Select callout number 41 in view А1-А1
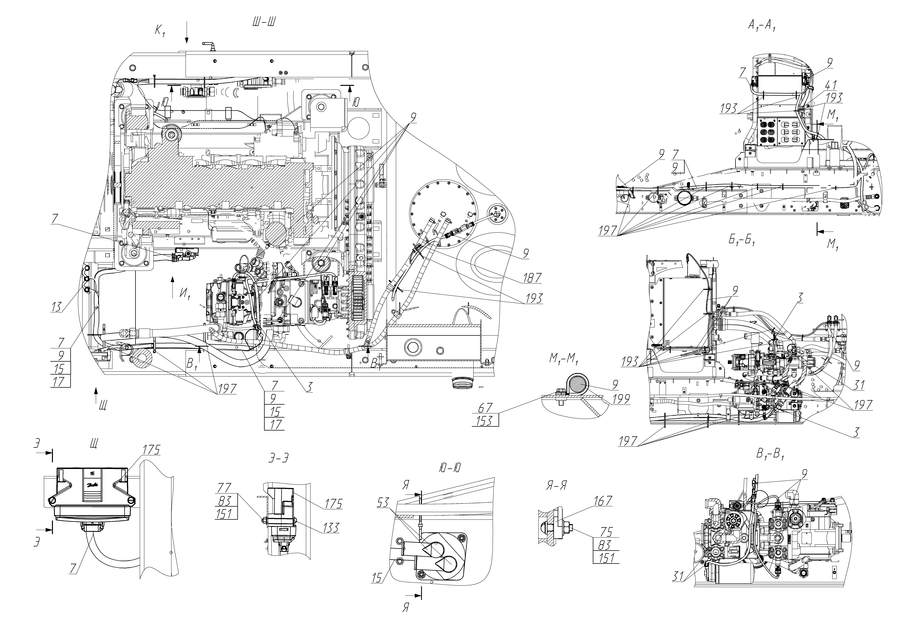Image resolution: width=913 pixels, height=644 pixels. tap(830, 85)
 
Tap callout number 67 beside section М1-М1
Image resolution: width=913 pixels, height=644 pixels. tap(486, 408)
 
